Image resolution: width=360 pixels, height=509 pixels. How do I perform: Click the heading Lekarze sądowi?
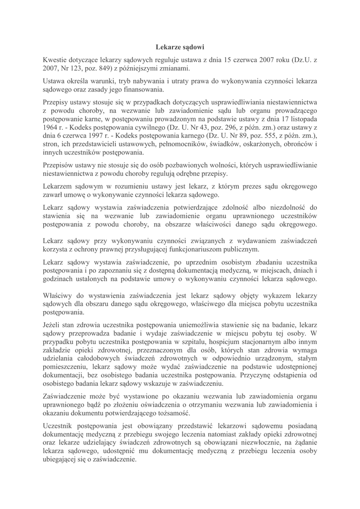point(180,48)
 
